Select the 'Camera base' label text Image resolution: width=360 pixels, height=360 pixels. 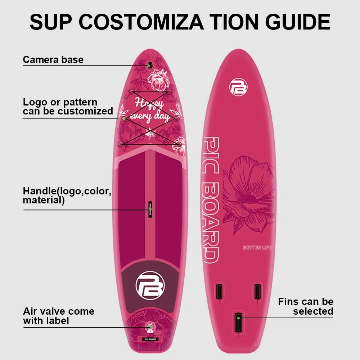point(53,59)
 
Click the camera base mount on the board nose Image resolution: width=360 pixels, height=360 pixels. point(149,66)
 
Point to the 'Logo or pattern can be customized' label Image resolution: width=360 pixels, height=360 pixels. point(68,107)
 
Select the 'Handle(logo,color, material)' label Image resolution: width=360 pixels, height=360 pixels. point(67,195)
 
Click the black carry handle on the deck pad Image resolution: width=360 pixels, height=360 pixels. point(150,210)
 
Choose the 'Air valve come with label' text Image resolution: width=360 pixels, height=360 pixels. point(59,316)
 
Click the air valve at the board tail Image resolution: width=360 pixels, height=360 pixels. point(149,327)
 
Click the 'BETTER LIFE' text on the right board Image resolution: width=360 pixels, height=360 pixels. point(257,248)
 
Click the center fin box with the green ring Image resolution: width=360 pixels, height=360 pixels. point(238,321)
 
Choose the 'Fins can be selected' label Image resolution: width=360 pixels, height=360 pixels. point(306,306)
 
